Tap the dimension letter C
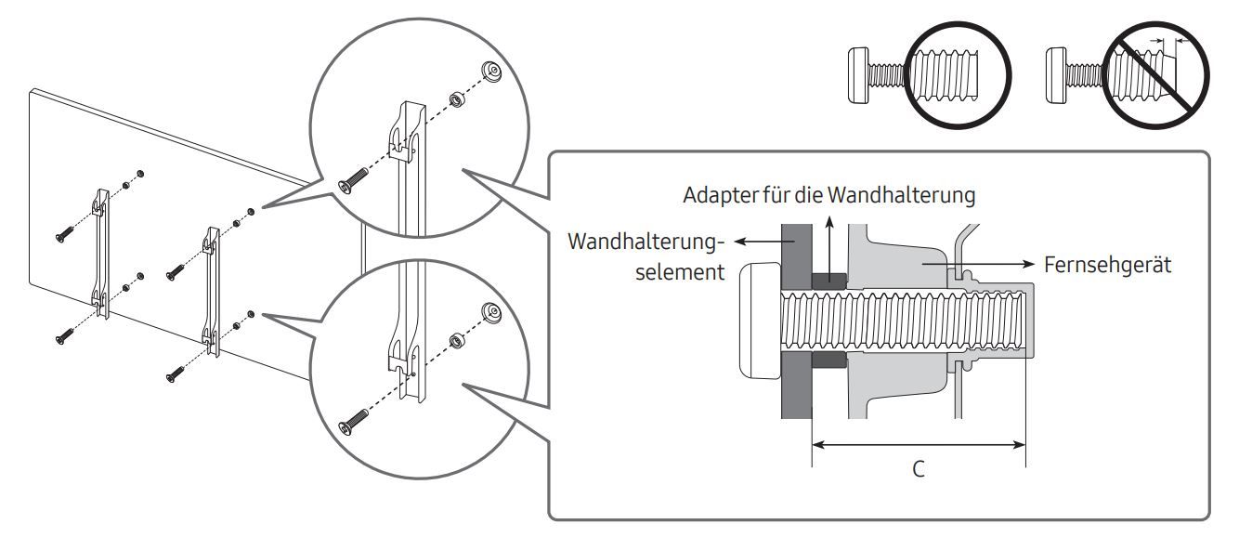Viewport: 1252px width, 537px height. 917,469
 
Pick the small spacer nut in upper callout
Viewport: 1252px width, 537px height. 456,97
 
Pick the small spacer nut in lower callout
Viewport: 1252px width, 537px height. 456,339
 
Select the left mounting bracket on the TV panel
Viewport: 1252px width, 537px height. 100,251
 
